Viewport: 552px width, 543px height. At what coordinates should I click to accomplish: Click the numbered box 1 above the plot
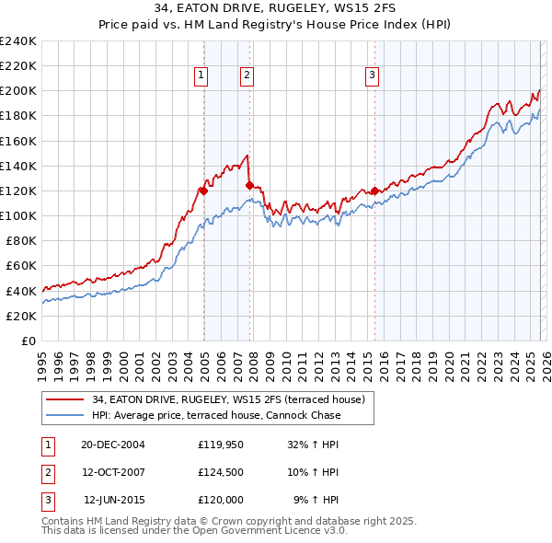tap(200, 76)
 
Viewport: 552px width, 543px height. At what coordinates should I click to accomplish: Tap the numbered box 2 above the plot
tap(247, 76)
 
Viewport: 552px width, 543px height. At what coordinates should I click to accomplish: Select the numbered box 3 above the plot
tap(373, 76)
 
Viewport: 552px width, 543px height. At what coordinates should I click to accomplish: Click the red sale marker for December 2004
tap(203, 191)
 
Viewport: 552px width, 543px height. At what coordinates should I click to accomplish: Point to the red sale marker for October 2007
tap(249, 186)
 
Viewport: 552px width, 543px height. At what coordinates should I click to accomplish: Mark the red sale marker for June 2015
tap(374, 191)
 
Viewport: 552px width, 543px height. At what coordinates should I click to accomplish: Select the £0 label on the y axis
tap(28, 341)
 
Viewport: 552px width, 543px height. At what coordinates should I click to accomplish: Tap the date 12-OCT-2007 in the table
tap(112, 472)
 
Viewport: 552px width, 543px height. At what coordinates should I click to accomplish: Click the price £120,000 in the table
tap(221, 501)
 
